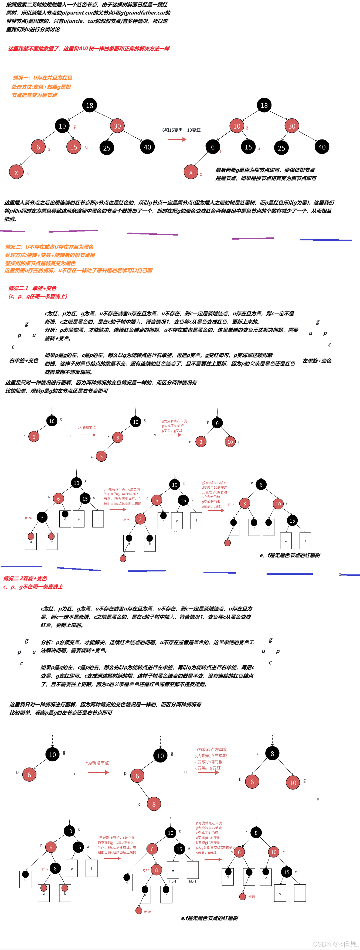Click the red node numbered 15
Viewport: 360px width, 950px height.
[x=74, y=147]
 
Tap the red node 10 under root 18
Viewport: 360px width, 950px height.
[x=237, y=126]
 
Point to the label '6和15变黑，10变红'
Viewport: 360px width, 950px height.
[x=181, y=130]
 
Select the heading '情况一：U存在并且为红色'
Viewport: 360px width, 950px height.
[x=42, y=78]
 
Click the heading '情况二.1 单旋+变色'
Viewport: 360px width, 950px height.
[x=32, y=288]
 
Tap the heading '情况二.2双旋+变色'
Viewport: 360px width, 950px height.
[x=25, y=578]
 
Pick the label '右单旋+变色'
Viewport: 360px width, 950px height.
[x=24, y=360]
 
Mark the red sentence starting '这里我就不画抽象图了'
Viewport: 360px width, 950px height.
[x=89, y=49]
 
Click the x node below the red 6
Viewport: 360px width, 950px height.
[x=16, y=172]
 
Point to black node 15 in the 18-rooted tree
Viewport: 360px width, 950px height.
[x=249, y=147]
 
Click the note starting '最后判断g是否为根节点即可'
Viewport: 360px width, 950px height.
[x=266, y=174]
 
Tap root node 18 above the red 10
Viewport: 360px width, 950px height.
[x=264, y=105]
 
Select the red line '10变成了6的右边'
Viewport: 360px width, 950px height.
[x=214, y=492]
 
